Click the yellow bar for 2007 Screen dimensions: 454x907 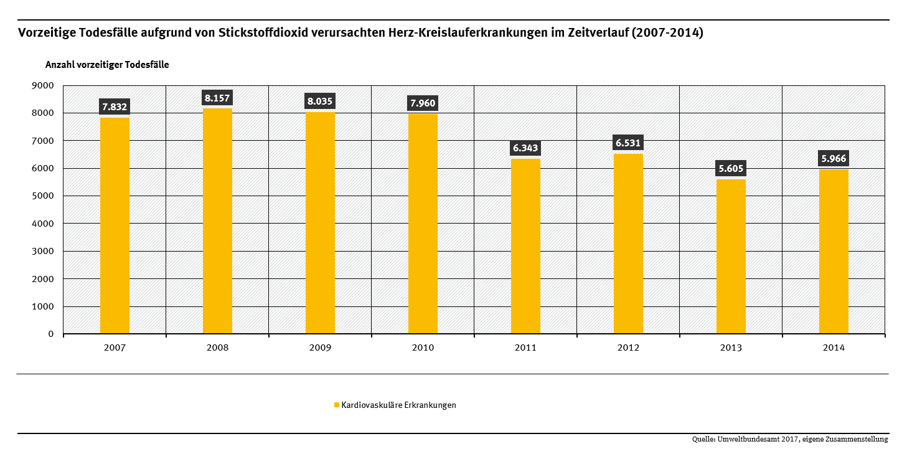point(115,225)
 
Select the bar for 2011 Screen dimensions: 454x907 point(525,246)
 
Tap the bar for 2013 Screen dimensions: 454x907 point(731,256)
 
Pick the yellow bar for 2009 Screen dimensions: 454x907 point(320,222)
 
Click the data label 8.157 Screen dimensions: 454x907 point(217,98)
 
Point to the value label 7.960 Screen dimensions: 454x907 point(423,103)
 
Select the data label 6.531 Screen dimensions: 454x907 point(628,143)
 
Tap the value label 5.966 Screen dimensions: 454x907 point(834,158)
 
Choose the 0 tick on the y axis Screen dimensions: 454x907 point(50,334)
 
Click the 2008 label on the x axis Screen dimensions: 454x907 point(217,348)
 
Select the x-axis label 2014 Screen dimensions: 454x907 point(834,348)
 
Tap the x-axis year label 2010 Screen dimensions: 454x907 point(423,348)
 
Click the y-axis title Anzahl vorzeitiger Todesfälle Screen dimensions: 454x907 point(107,65)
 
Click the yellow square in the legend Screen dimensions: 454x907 point(337,405)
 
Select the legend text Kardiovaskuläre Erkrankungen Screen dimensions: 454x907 point(398,405)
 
